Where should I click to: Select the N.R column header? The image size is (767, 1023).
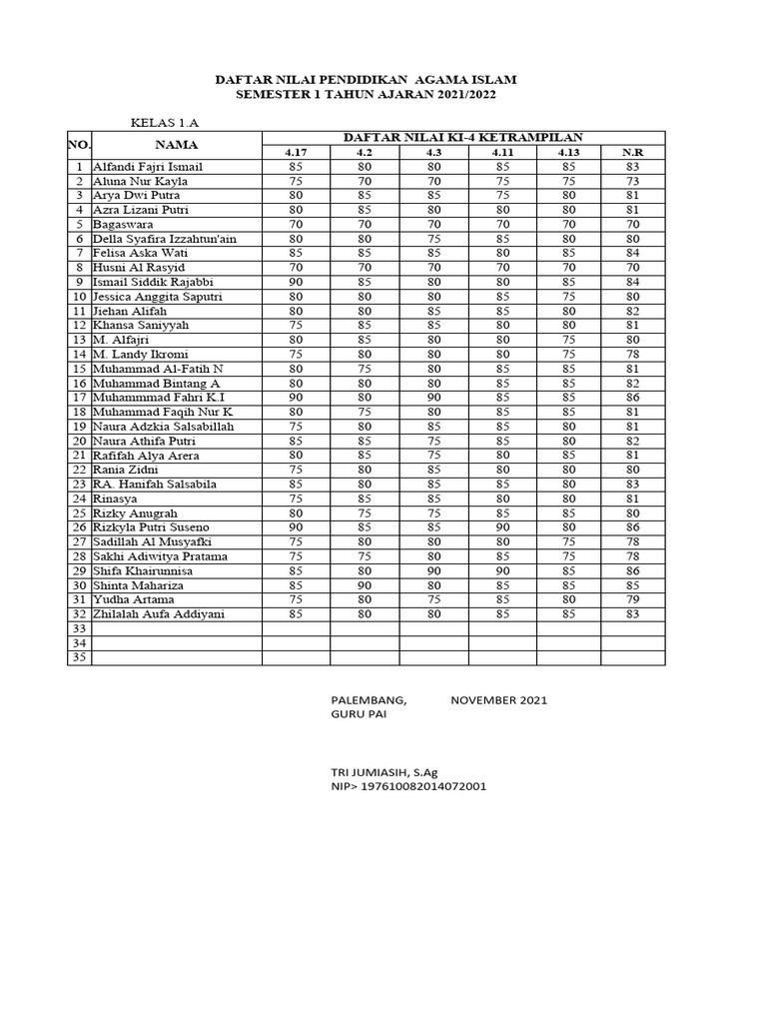(x=632, y=152)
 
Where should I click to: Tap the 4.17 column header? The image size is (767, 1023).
(x=296, y=152)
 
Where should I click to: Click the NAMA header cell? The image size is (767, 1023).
(x=176, y=145)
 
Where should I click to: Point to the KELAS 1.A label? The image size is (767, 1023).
(x=165, y=122)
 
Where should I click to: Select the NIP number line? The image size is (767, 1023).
(x=408, y=787)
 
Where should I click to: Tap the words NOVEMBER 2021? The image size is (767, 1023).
(x=498, y=700)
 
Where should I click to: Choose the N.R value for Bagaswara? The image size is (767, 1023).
(x=632, y=225)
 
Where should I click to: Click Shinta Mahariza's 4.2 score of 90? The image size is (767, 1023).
(x=365, y=585)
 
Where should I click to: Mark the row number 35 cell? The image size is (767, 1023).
(x=79, y=657)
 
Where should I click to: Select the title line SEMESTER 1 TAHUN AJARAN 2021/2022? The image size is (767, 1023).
(x=365, y=94)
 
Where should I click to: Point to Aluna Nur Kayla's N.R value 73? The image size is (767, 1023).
(x=632, y=182)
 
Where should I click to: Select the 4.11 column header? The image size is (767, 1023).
(x=502, y=152)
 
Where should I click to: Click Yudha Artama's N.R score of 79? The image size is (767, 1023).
(x=632, y=599)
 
